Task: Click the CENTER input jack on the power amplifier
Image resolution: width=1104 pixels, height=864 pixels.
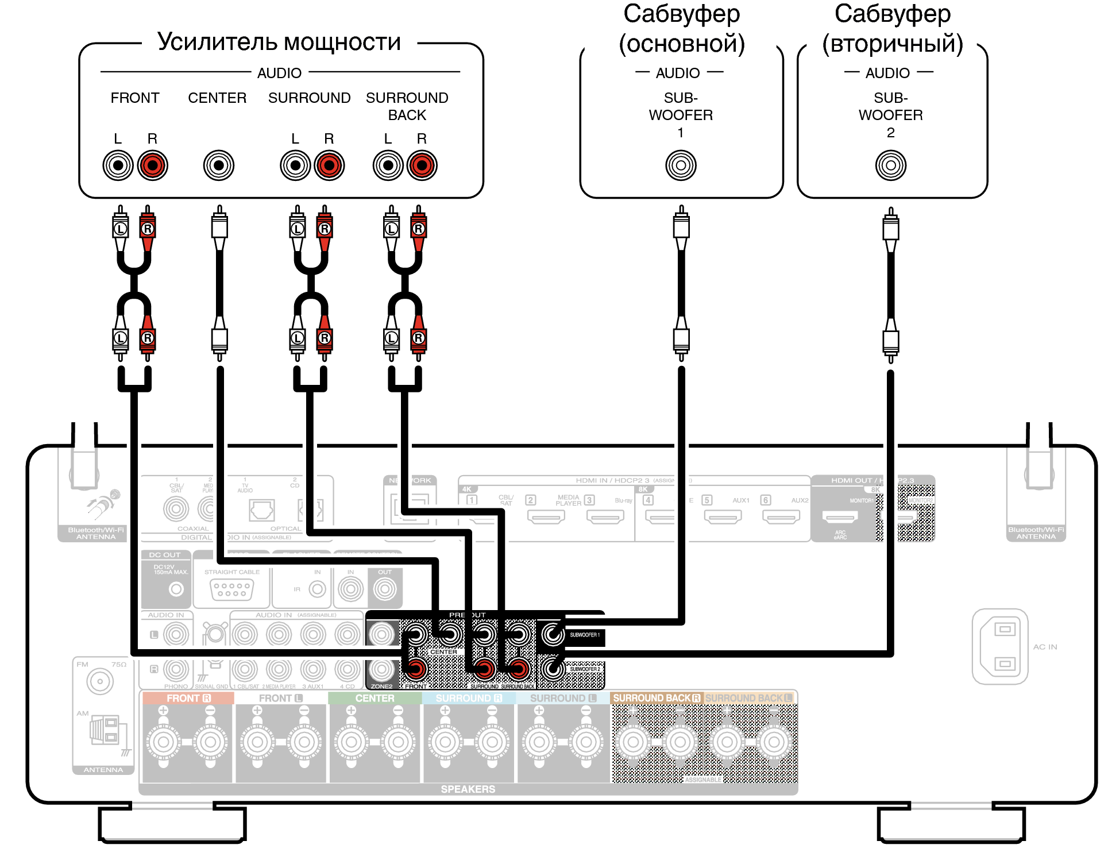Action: coord(219,165)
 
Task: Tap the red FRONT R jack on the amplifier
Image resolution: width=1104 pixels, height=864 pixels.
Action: coord(152,165)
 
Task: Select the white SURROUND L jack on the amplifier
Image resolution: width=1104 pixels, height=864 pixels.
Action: coord(295,165)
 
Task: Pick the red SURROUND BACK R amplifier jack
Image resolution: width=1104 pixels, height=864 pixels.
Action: coord(422,165)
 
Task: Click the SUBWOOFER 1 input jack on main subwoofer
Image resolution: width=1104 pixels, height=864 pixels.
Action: coord(681,165)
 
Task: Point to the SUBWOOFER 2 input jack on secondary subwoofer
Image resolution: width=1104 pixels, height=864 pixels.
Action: coord(890,165)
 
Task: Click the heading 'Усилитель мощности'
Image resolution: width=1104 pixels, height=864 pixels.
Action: coord(279,42)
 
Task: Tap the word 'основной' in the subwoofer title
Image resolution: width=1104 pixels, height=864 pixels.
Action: coord(682,44)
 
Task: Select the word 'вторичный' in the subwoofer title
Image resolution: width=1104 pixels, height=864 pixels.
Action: coord(893,44)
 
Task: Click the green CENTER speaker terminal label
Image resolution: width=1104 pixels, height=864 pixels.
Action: coord(375,698)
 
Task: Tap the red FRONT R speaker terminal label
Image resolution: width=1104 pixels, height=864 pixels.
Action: coord(188,698)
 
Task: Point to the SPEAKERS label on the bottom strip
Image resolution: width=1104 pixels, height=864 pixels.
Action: coord(468,789)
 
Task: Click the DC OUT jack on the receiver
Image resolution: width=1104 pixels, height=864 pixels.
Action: coord(176,589)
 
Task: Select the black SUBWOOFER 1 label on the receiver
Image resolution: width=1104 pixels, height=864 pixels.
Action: coord(585,635)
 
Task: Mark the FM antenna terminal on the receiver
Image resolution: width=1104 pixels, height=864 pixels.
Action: coord(100,682)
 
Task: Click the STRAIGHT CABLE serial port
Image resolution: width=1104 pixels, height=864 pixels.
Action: coord(231,589)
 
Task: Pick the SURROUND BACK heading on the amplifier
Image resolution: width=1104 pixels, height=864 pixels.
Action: coord(407,106)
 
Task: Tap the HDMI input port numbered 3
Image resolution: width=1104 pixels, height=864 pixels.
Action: coord(605,516)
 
